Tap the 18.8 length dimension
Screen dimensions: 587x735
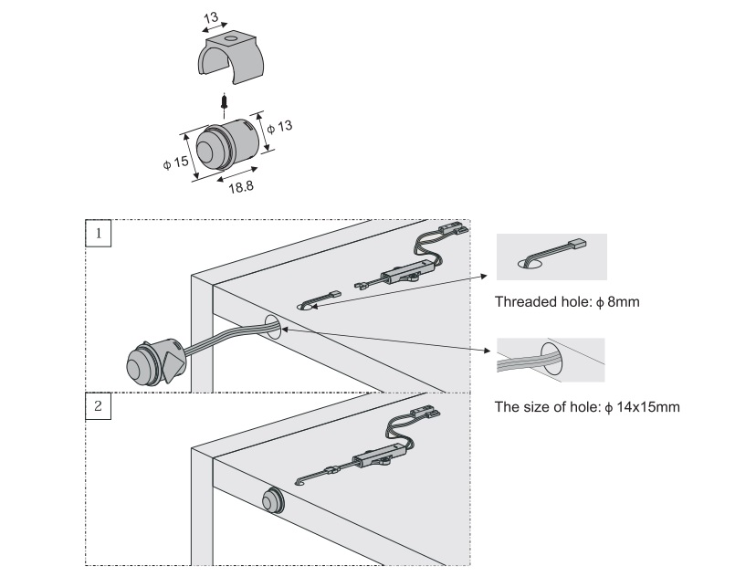click(240, 186)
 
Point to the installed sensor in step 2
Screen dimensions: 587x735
click(272, 502)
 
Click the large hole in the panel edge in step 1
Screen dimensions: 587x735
click(271, 326)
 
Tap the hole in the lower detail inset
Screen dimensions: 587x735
click(551, 359)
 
